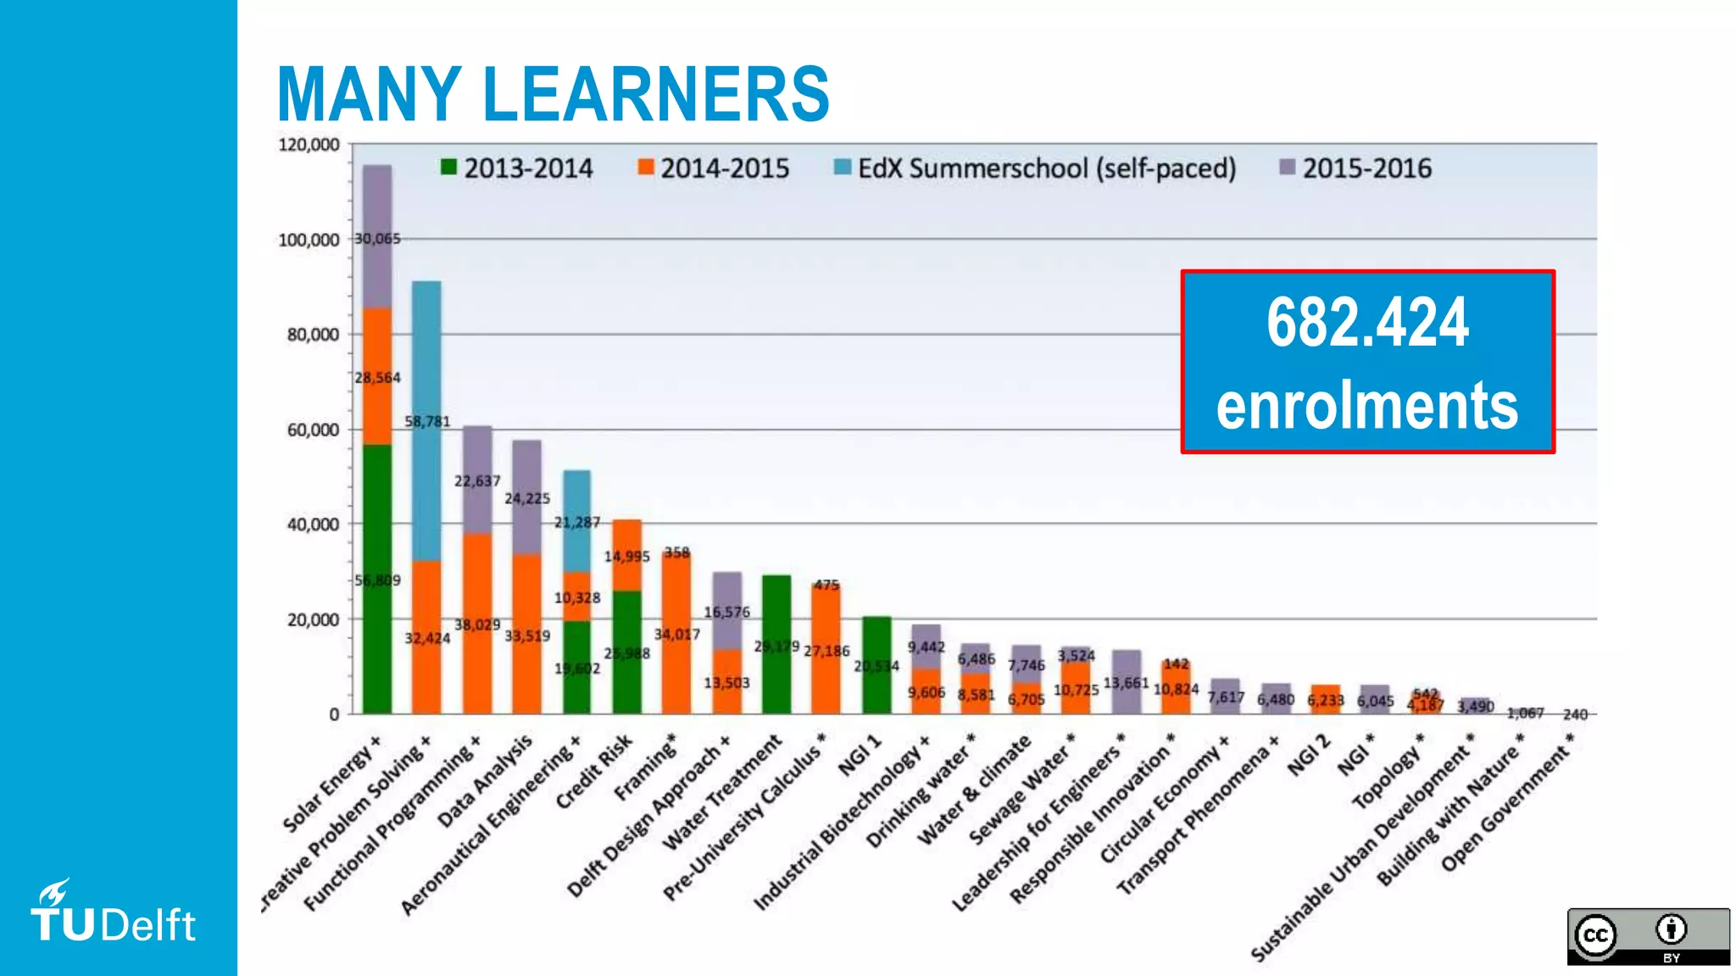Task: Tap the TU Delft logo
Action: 114,913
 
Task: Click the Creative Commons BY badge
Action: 1648,935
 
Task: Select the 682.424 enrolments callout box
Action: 1367,362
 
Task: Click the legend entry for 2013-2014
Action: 516,168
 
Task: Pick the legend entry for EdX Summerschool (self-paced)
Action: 1035,168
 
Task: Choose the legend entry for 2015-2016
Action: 1355,168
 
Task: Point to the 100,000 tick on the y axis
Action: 309,240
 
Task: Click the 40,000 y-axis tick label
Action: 312,524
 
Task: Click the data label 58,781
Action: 427,421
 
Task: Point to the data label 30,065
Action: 377,239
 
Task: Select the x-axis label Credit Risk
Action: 593,771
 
